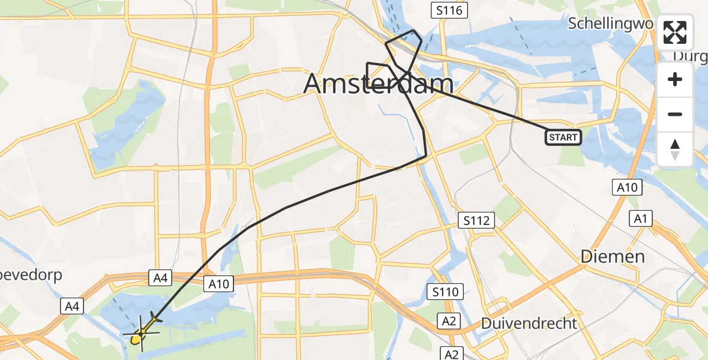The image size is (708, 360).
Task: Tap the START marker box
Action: (x=563, y=138)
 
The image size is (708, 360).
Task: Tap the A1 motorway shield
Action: (x=640, y=219)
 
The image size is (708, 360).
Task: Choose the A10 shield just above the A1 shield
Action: (x=627, y=188)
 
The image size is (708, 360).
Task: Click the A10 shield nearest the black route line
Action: (x=218, y=284)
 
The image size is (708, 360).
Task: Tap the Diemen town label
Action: (x=613, y=257)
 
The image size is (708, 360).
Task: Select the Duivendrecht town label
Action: (x=529, y=323)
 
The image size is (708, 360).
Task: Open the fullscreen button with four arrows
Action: (x=675, y=32)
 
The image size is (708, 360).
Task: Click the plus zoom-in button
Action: (x=675, y=79)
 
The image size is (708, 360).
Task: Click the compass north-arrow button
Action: (x=675, y=149)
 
